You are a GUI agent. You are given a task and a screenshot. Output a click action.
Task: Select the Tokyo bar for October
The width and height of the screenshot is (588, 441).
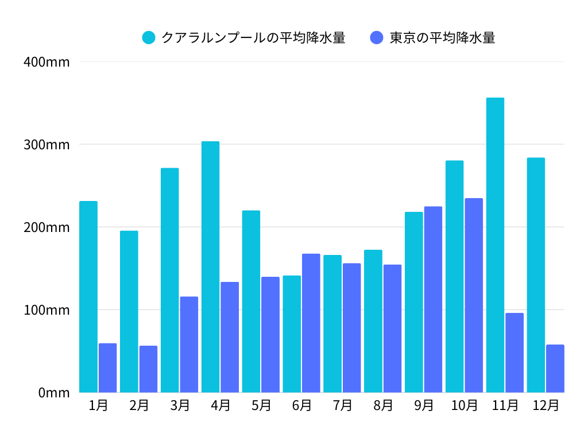(x=474, y=295)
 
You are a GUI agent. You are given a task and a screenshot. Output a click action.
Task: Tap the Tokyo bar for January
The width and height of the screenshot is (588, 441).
(x=107, y=368)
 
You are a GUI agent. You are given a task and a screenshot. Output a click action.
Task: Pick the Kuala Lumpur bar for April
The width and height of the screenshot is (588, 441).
(x=210, y=267)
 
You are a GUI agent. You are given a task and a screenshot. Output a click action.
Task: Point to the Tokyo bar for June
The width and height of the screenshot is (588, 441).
(x=311, y=323)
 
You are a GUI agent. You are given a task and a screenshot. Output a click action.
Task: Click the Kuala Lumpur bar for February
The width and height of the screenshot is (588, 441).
(x=129, y=312)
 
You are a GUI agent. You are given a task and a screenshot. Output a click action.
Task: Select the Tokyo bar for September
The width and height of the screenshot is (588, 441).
(x=433, y=300)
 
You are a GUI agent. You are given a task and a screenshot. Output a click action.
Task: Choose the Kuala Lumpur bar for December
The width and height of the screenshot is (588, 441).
(x=536, y=275)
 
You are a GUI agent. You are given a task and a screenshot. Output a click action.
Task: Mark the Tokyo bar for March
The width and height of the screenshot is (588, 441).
(x=189, y=345)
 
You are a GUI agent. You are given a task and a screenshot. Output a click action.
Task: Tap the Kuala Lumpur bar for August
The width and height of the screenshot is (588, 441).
(x=373, y=322)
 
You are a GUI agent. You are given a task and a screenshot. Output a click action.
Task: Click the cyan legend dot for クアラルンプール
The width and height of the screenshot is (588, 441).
(x=149, y=38)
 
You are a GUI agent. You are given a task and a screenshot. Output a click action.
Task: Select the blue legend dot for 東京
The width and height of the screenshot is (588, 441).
(x=377, y=38)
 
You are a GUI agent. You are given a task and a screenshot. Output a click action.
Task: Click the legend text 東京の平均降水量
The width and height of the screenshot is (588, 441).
(x=442, y=38)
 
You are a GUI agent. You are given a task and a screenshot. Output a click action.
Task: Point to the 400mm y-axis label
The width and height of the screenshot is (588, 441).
(x=47, y=62)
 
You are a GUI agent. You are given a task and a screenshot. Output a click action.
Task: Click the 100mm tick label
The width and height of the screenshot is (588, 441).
(x=47, y=310)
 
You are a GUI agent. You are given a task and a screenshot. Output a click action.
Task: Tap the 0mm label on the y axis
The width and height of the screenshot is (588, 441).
(x=54, y=393)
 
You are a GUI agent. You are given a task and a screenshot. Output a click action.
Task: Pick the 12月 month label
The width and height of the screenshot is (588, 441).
(x=546, y=405)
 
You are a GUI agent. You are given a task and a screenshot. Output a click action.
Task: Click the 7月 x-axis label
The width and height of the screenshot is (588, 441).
(x=342, y=405)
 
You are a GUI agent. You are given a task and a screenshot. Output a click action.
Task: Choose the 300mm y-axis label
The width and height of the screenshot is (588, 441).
(x=47, y=145)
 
